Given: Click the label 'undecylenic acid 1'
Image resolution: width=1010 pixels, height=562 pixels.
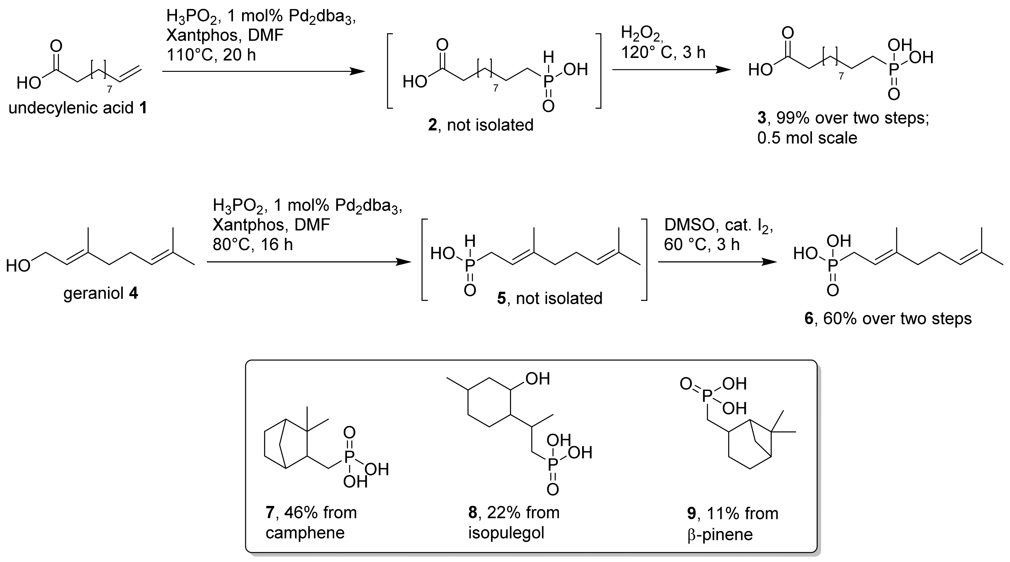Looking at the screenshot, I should click(x=78, y=108).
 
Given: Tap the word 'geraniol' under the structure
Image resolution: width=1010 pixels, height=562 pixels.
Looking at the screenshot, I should click(x=93, y=293).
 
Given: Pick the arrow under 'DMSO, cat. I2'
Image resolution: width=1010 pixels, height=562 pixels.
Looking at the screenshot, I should click(x=717, y=262).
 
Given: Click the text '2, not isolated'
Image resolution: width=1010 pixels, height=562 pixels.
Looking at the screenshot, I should click(x=481, y=125).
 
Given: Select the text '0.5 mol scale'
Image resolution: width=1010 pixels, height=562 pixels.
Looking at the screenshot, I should click(x=807, y=138).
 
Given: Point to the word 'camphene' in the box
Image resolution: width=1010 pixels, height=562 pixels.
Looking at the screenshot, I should click(x=305, y=533).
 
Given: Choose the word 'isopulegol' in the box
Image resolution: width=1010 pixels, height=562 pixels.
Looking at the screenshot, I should click(x=506, y=533).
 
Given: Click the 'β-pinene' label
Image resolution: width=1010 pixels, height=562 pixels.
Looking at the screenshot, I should click(x=720, y=534).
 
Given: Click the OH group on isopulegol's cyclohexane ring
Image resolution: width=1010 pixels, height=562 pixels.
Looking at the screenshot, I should click(x=537, y=379).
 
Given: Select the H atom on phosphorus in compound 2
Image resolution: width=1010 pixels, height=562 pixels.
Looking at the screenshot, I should click(x=548, y=58).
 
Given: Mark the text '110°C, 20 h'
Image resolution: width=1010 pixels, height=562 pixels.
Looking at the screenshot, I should click(x=211, y=55).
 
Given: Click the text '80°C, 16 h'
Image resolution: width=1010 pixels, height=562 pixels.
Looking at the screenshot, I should click(x=252, y=244).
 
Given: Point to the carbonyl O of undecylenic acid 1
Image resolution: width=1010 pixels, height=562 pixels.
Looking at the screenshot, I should click(x=56, y=46).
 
